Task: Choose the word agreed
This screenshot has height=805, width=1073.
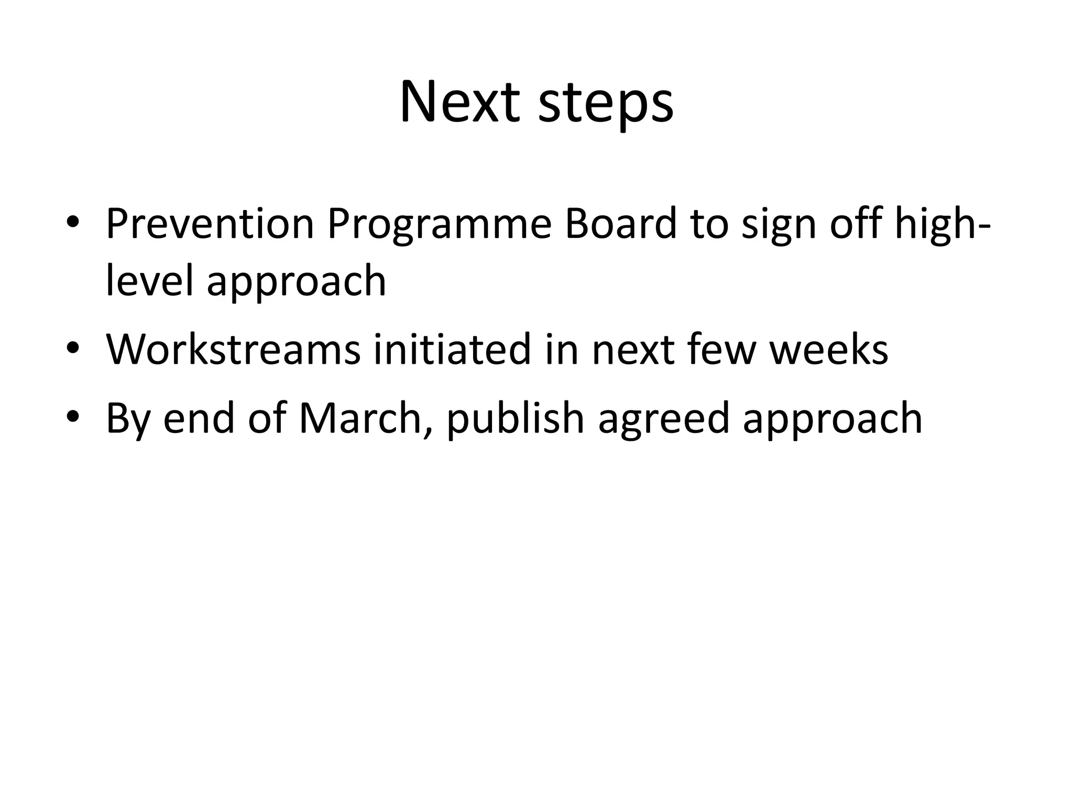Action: click(663, 420)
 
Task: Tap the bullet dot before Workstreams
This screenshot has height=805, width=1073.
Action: click(73, 347)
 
